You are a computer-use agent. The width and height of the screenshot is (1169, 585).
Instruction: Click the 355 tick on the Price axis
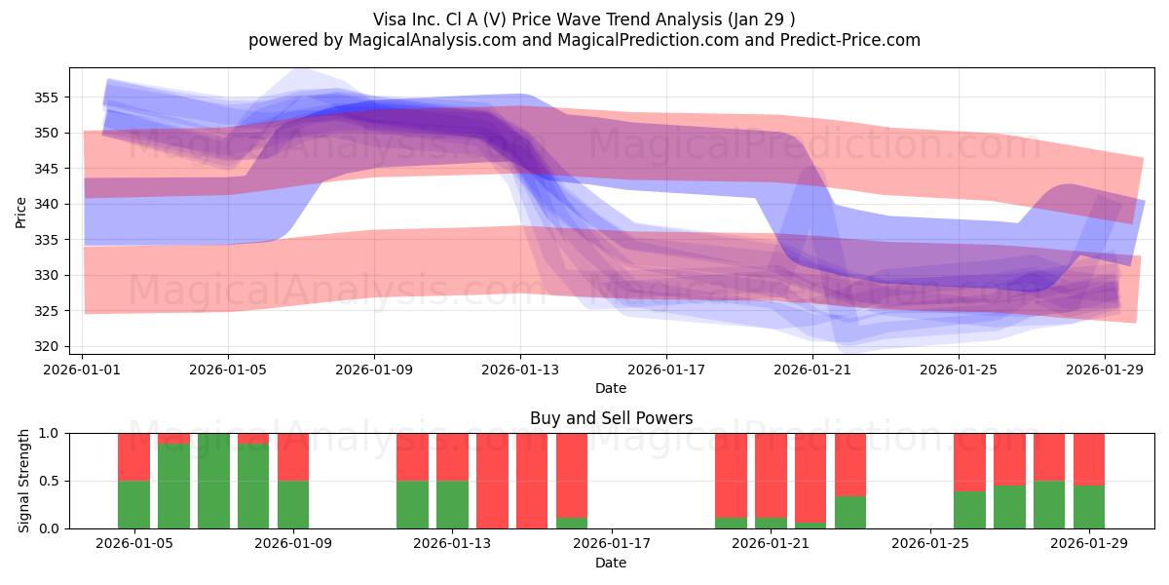tap(46, 97)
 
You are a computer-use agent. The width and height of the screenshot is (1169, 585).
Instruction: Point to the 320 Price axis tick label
tap(46, 346)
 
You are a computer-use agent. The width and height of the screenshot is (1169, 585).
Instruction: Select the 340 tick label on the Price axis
tap(46, 204)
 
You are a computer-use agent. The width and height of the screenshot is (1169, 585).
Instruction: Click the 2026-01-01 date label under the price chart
tap(83, 370)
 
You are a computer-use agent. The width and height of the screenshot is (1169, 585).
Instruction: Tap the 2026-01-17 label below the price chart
tap(666, 370)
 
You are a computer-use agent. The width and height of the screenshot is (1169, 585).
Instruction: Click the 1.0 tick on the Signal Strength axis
tap(49, 433)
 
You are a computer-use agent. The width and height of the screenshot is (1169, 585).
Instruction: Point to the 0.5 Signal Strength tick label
tap(49, 481)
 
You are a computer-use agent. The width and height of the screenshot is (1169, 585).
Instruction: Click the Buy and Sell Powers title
tap(611, 418)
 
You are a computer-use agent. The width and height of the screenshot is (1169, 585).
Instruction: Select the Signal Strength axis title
tap(24, 481)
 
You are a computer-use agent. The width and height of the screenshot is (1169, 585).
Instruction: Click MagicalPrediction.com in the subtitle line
tap(633, 40)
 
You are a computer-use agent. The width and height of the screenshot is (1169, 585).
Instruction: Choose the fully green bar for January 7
tap(213, 481)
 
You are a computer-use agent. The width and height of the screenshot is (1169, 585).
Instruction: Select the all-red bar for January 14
tap(532, 481)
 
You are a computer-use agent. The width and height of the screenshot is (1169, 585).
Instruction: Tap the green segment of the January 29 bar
tap(1089, 507)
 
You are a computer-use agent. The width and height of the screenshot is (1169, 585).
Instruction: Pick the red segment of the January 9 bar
tap(293, 456)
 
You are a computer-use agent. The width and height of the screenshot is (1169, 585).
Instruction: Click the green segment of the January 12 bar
tap(412, 504)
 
